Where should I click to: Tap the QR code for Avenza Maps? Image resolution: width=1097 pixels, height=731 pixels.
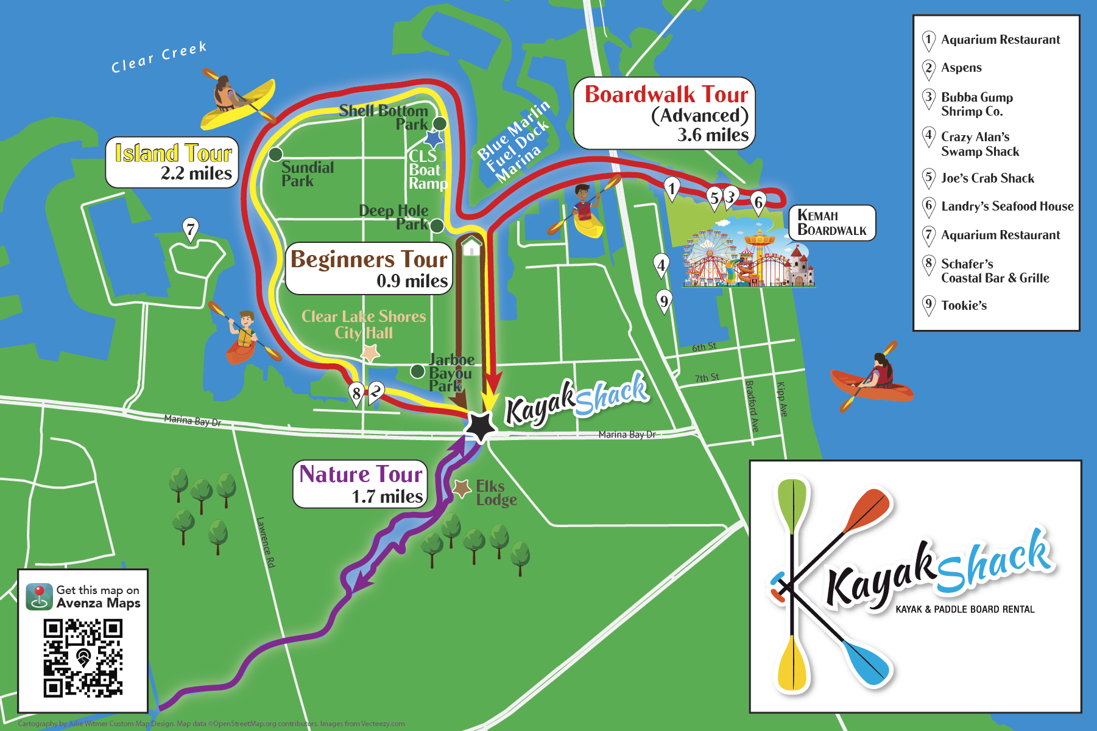(83, 658)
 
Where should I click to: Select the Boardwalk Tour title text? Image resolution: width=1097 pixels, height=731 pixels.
(666, 95)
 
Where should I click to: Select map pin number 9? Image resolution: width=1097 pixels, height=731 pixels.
(664, 301)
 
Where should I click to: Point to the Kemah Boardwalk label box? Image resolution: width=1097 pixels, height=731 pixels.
(831, 223)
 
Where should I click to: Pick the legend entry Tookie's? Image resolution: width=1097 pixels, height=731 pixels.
(964, 306)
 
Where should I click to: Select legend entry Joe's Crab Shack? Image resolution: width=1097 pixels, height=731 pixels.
(987, 178)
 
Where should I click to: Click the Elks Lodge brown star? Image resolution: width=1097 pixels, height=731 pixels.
(462, 488)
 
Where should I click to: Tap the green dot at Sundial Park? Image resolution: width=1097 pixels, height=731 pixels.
(275, 154)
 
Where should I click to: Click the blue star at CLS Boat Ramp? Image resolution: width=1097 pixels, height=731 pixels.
(433, 139)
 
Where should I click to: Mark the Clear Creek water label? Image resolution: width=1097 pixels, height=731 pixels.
(159, 57)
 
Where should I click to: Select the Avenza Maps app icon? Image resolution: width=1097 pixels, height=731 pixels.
(39, 596)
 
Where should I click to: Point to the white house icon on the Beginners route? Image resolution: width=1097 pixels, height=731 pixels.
(471, 247)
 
